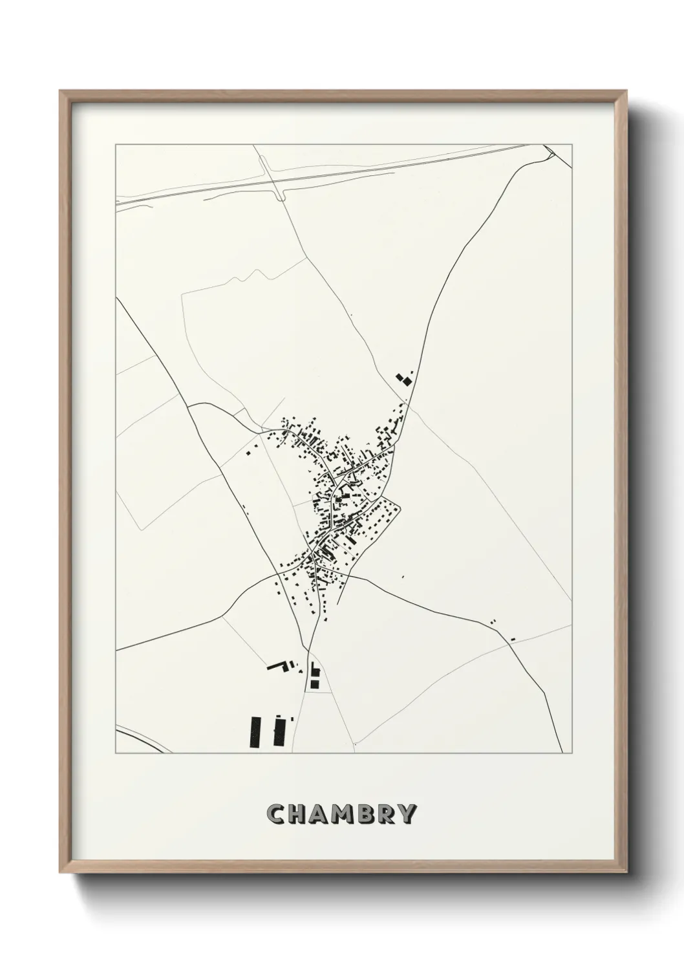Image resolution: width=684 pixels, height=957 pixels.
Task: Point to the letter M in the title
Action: (346, 814)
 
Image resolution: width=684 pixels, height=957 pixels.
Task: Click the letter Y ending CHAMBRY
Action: (410, 814)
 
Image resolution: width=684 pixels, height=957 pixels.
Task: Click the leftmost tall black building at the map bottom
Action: (255, 732)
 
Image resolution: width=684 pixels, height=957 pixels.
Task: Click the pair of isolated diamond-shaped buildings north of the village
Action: (404, 378)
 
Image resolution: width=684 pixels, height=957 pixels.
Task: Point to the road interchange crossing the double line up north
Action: (272, 178)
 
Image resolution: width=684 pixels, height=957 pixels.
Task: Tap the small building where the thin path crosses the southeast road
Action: (513, 639)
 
